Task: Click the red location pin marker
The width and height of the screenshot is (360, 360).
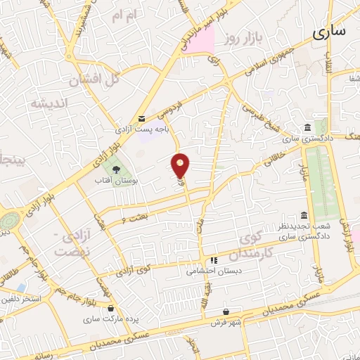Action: [x=181, y=165]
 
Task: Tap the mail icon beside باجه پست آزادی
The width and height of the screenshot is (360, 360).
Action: [x=142, y=119]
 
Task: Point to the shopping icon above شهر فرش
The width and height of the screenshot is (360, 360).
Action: [x=225, y=311]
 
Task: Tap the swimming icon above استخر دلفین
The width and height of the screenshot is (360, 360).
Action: [x=21, y=288]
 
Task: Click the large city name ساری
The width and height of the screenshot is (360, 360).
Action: [x=330, y=32]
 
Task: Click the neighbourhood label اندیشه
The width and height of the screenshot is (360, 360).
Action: [x=49, y=103]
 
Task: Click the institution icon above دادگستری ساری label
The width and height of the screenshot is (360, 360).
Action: [x=308, y=127]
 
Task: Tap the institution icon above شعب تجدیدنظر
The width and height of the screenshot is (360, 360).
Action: [x=304, y=215]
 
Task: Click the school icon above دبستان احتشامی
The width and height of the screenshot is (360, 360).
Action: [x=205, y=259]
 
